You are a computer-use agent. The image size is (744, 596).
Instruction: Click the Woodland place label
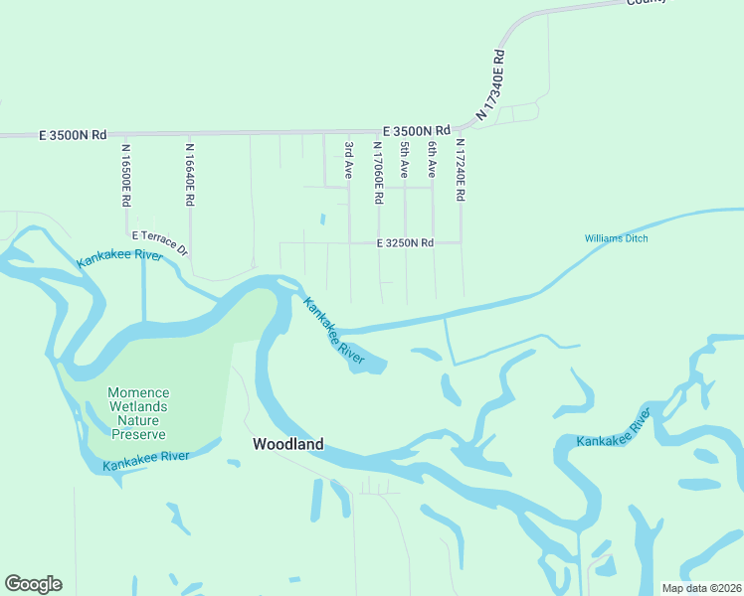point(287,445)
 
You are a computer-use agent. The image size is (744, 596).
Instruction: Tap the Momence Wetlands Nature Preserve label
point(138,413)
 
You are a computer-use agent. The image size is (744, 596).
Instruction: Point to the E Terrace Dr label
point(159,242)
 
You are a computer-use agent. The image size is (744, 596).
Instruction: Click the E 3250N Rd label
point(405,242)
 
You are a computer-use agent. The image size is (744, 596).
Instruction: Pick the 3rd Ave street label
point(349,160)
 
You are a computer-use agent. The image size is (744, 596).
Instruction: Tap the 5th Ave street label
point(405,160)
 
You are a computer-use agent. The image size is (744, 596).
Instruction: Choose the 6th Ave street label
point(433,160)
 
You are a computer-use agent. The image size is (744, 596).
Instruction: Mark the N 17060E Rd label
point(378,172)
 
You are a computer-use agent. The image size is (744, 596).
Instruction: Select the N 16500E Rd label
point(126,175)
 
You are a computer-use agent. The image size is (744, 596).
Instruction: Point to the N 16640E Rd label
point(189,174)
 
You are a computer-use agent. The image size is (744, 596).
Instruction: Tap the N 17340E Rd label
point(492,86)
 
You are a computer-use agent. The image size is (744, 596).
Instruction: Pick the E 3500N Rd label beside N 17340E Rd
point(417,130)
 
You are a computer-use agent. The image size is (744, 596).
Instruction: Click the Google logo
point(33,584)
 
